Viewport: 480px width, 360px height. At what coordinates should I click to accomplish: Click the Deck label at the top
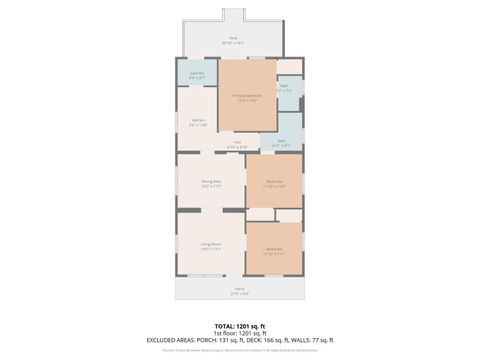click(233, 39)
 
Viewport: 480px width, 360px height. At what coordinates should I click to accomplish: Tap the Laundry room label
click(197, 73)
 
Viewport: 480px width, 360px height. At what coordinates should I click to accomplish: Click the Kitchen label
click(198, 121)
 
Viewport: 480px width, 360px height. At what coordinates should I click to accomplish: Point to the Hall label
click(237, 142)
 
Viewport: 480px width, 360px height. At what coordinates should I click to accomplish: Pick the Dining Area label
click(211, 183)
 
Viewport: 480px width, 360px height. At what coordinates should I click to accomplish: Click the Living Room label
click(210, 245)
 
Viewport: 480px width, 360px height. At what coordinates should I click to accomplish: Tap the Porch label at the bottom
click(240, 291)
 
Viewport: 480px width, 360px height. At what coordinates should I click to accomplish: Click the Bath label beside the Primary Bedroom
click(285, 87)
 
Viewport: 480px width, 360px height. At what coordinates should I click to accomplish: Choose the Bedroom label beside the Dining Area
click(274, 182)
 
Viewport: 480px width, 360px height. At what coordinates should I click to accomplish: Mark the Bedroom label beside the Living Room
click(274, 250)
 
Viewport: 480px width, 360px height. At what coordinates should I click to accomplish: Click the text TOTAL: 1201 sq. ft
click(240, 326)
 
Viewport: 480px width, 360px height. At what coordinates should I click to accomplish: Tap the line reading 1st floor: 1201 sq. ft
click(240, 333)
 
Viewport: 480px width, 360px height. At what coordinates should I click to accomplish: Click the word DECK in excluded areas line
click(254, 340)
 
